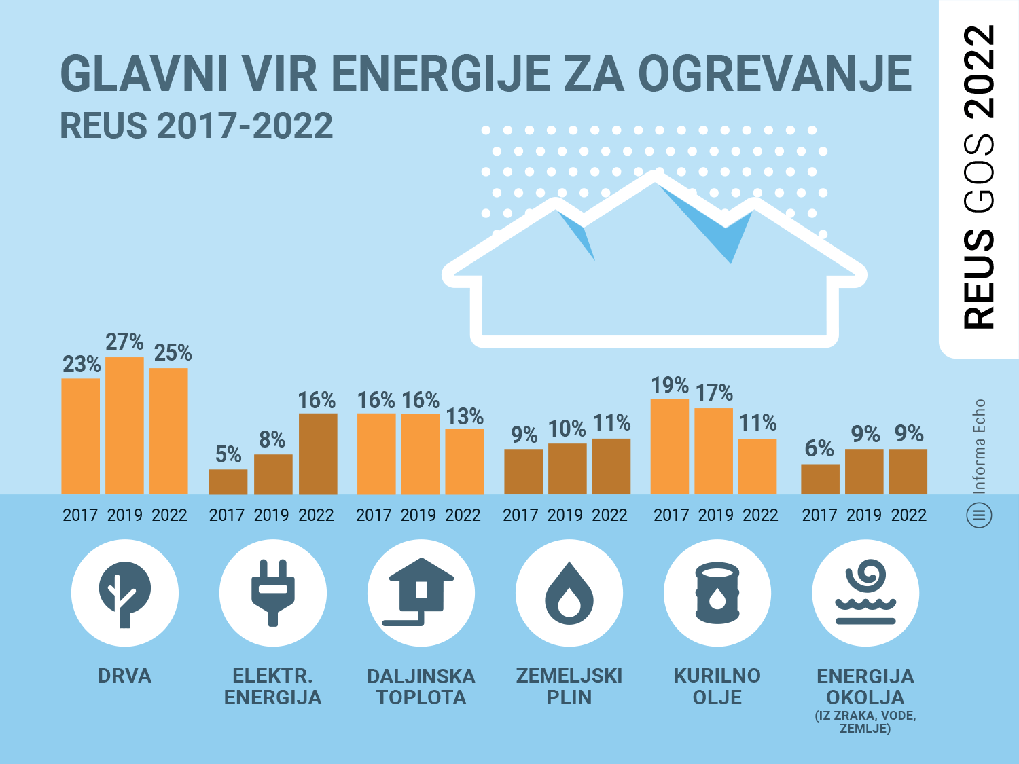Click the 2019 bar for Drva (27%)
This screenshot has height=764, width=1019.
(x=124, y=426)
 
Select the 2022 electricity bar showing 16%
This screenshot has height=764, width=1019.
(x=318, y=454)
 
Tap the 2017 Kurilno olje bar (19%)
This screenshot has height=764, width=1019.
(x=670, y=446)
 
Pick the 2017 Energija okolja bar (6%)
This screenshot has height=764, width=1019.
(x=820, y=479)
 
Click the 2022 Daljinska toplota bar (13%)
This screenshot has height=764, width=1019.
(x=465, y=461)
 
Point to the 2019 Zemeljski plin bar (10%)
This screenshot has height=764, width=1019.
(x=567, y=469)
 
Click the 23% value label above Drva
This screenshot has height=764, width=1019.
(x=82, y=365)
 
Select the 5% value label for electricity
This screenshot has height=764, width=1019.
(x=228, y=454)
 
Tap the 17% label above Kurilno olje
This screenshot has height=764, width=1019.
(x=714, y=393)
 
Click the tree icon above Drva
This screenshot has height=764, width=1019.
(x=125, y=593)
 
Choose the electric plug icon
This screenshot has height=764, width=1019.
(x=273, y=593)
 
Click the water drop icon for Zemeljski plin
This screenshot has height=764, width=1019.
(x=569, y=593)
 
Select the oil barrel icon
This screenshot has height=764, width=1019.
(x=717, y=593)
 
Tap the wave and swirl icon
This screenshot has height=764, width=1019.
(x=865, y=593)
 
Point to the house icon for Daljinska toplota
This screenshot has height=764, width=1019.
(x=421, y=593)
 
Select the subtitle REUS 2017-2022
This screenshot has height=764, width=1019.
(x=196, y=126)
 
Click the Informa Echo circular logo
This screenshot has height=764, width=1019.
(x=979, y=515)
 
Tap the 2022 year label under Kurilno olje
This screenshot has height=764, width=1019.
(x=760, y=515)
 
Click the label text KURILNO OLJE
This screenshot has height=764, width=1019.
(x=717, y=687)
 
